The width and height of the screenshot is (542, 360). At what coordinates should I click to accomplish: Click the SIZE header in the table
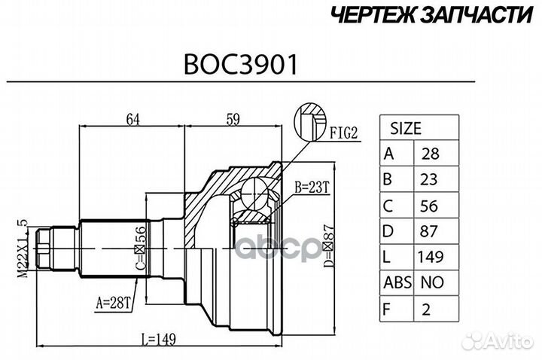(x=406, y=128)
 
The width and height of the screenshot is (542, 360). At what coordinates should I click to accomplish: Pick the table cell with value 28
(x=432, y=154)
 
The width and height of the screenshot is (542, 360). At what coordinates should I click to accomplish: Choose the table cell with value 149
(x=432, y=257)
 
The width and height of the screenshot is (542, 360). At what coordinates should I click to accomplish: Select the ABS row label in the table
(x=397, y=283)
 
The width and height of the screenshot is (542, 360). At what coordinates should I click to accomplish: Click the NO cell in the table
(x=432, y=283)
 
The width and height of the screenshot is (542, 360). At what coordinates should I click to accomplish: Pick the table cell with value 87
(x=432, y=230)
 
